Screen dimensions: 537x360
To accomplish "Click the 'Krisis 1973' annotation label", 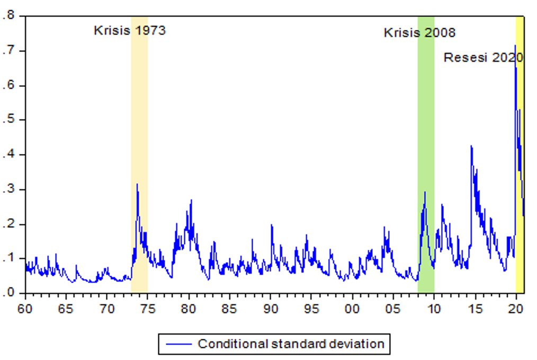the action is pos(130,31).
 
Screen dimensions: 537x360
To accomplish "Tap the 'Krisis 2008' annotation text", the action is pos(419,33).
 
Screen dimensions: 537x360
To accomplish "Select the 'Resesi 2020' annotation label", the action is pos(484,58).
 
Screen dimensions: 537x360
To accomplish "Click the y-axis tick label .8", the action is pos(8,15).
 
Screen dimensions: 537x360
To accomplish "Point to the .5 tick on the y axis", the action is pos(8,120).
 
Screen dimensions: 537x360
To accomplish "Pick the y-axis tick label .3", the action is pos(8,189).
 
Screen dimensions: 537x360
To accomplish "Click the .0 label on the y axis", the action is pos(8,293).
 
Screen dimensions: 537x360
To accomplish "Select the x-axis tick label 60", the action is pos(25,309).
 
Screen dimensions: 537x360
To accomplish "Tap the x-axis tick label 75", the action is pos(148,309).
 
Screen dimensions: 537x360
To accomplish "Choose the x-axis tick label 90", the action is pos(271,309).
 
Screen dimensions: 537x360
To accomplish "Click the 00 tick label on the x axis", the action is pos(352,309).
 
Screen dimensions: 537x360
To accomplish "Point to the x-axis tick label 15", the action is pos(475,309).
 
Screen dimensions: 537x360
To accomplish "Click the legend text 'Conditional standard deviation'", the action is pos(291,344).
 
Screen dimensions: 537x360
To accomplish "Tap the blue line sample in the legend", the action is pos(179,344).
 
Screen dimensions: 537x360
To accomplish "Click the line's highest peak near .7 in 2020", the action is pos(515,46).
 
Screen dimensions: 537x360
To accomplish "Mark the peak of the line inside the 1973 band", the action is pos(137,184).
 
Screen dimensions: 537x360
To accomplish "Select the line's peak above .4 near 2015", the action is pos(471,146).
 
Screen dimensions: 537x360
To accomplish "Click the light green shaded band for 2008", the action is pos(426,155).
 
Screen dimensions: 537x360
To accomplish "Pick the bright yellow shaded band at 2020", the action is pos(520,155).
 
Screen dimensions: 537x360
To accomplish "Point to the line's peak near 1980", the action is pos(191,200).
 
